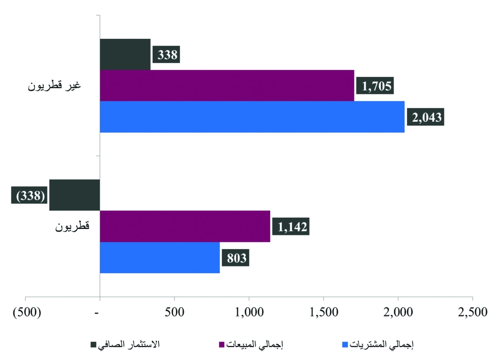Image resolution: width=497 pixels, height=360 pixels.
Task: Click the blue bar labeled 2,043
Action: click(252, 117)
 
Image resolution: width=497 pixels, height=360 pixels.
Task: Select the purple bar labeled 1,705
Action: click(227, 86)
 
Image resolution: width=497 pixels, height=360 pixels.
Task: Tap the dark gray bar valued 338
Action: click(125, 54)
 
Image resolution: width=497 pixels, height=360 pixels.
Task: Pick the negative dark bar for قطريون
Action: click(75, 195)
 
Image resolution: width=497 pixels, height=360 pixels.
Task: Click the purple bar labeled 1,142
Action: click(185, 226)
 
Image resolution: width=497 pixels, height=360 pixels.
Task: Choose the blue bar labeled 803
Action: click(160, 258)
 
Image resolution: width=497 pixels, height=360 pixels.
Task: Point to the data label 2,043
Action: click(425, 117)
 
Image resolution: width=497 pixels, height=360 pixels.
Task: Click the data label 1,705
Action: click(375, 86)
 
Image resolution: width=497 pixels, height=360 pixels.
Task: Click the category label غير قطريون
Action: click(54, 85)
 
